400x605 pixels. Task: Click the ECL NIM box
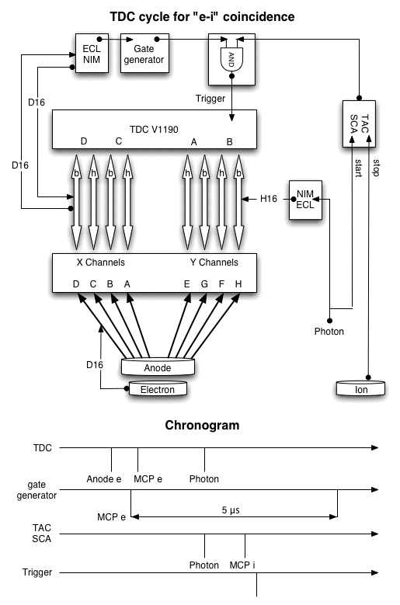92,54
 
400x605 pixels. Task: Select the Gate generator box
144,54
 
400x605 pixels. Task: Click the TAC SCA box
359,123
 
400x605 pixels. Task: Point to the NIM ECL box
305,200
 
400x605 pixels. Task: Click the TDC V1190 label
154,129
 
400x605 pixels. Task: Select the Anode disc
158,367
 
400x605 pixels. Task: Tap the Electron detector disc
158,389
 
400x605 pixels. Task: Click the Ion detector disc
360,389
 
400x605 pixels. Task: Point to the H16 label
269,199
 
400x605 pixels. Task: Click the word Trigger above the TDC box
210,99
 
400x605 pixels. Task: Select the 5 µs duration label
231,510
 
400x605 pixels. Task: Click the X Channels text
101,263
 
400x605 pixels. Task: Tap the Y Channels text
214,263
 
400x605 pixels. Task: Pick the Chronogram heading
202,425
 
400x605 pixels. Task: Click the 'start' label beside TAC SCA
358,168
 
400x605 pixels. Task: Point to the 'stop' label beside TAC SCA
376,168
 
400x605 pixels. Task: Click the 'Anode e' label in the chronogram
104,479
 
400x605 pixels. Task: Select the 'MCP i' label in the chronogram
242,565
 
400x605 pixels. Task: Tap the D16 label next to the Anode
95,364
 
